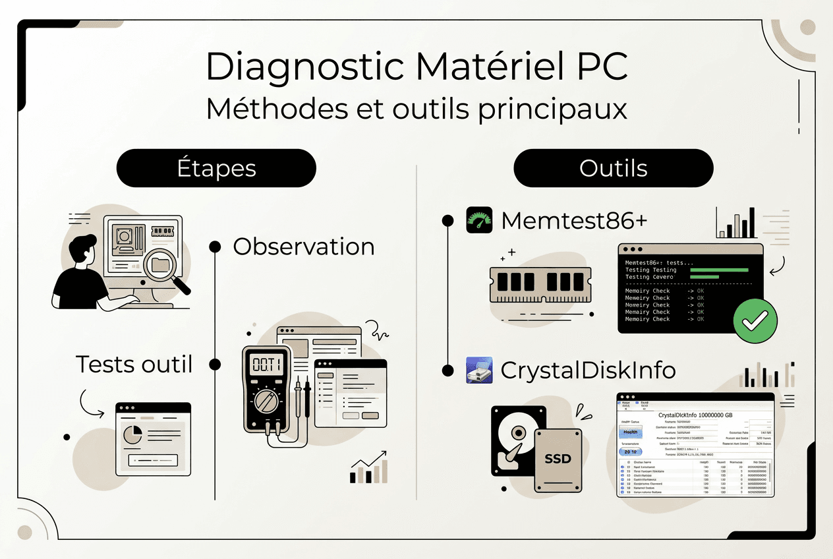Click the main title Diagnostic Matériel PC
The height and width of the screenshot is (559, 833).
coord(416,67)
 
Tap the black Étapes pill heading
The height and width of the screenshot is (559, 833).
coord(216,168)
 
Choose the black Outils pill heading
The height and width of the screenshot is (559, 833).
coord(613,168)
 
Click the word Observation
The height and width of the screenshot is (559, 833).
coord(304,247)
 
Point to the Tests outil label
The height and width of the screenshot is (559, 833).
coord(134,364)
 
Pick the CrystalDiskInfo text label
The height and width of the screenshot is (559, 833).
coord(588,370)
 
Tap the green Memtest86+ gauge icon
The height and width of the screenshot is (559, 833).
coord(479,220)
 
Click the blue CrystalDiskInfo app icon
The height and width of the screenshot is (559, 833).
coord(479,370)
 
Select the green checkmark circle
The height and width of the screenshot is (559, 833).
coord(755,321)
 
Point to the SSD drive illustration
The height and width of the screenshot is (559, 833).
coord(558,459)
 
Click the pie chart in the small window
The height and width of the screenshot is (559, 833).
coord(133,435)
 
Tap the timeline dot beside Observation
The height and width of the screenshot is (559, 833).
coord(215,247)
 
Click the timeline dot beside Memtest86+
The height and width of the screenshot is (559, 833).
coord(447,220)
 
